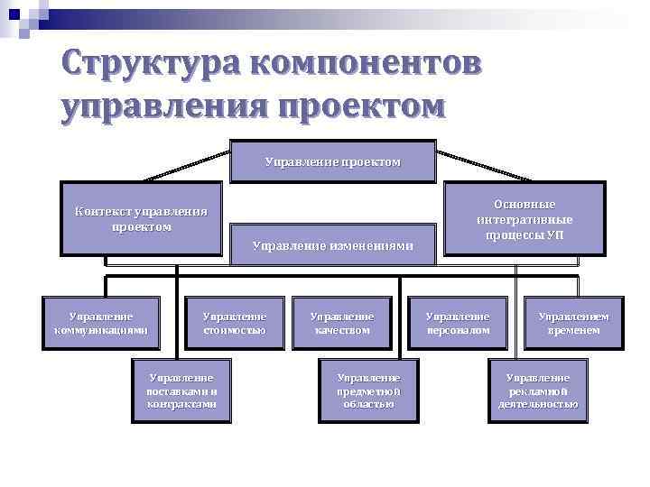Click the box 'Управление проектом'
pos(332,161)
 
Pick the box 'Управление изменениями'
pos(332,243)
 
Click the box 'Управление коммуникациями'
pos(100,323)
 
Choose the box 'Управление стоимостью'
pos(234,323)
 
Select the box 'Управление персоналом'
pos(458,323)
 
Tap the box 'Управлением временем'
pos(573,323)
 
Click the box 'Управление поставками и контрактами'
pos(181,391)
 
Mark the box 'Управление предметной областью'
pos(367,391)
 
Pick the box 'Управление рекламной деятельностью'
pos(537,391)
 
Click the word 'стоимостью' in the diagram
pos(234,330)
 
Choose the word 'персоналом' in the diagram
pos(458,330)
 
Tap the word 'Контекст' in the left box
pos(102,212)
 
